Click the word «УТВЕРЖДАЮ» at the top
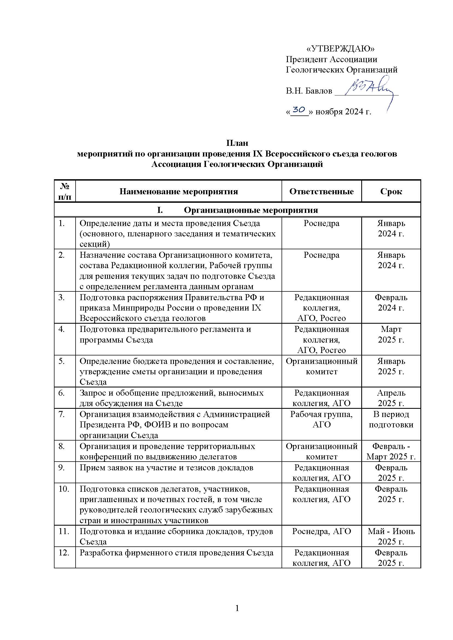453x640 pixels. (340, 49)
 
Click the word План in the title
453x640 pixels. (237, 143)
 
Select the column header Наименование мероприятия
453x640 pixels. (179, 192)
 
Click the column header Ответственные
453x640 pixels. (321, 192)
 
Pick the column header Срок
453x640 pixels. (391, 192)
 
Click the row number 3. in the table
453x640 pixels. (61, 297)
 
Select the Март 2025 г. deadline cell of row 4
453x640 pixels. (391, 334)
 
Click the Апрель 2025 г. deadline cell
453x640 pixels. (391, 398)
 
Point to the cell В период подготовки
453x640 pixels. (391, 419)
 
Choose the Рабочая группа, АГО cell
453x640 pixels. (321, 419)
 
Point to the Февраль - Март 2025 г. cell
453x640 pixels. (391, 451)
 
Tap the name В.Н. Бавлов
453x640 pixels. (309, 91)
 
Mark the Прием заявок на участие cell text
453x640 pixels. (166, 467)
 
